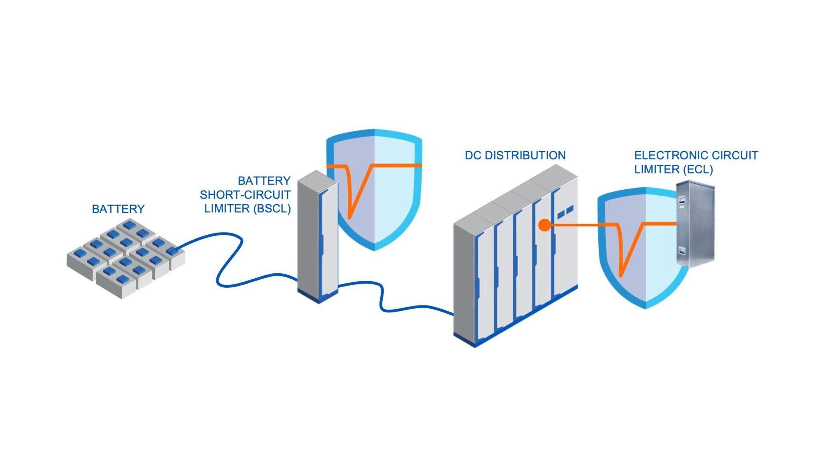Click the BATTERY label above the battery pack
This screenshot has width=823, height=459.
[x=118, y=209]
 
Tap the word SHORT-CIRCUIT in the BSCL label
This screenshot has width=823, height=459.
[x=245, y=195]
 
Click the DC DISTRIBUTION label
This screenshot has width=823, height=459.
[x=515, y=156]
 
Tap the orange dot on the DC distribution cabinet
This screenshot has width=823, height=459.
[x=544, y=225]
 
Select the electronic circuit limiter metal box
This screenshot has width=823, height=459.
[x=695, y=224]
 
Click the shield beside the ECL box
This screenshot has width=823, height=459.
[x=642, y=255]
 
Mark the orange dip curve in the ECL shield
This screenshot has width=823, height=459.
[x=625, y=251]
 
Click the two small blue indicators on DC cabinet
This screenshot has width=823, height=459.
[x=565, y=213]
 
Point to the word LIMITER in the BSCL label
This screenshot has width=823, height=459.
[x=227, y=209]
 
